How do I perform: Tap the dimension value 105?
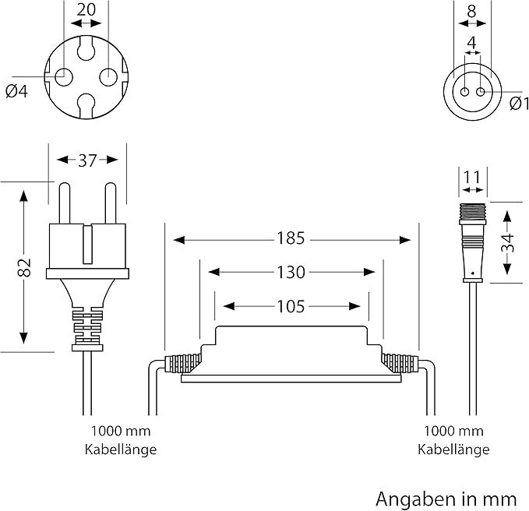291,306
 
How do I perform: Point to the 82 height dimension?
24,266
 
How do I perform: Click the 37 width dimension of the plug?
87,160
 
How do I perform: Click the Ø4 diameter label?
16,91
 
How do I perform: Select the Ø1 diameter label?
520,104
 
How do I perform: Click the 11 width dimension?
472,178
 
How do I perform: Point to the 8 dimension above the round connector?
471,11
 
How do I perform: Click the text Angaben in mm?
446,497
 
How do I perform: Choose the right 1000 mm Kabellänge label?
453,440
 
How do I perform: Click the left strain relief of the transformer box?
183,362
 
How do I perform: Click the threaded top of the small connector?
471,211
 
